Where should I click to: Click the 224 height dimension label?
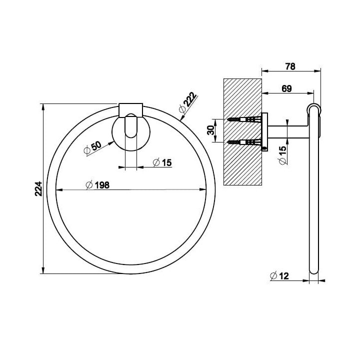tap(38, 188)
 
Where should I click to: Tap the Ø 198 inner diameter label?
tap(97, 185)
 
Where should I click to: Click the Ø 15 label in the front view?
tap(162, 162)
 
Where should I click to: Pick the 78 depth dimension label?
tap(290, 66)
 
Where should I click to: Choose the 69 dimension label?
tap(286, 88)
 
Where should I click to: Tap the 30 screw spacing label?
tap(211, 130)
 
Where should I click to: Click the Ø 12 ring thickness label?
tap(279, 275)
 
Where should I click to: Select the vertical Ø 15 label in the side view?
tap(283, 155)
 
